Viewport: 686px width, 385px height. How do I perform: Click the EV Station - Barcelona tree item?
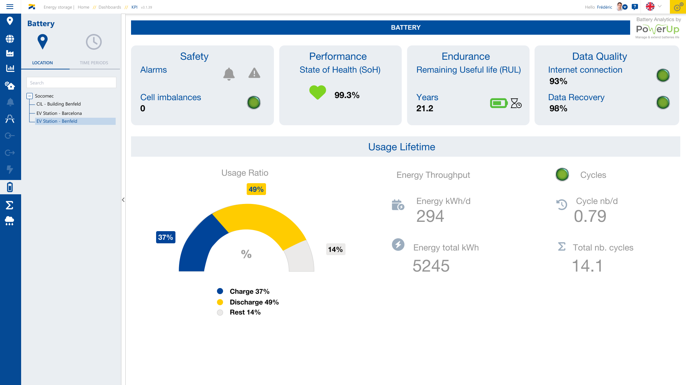[59, 113]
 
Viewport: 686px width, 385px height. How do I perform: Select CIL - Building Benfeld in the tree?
[58, 104]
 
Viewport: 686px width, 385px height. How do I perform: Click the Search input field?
[71, 83]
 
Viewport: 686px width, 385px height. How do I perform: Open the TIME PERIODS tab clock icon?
[94, 42]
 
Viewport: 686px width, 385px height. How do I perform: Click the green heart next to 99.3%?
[318, 92]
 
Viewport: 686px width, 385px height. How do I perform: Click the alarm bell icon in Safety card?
[229, 74]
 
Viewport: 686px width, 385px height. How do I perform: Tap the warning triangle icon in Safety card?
[254, 73]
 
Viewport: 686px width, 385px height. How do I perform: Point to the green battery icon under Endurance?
[498, 103]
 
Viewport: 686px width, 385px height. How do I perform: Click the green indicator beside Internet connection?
[663, 75]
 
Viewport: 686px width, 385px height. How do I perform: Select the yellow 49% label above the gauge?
[256, 189]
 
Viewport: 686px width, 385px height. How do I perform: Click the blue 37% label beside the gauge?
[165, 237]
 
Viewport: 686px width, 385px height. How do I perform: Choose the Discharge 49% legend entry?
[254, 302]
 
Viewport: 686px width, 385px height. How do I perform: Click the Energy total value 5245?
[431, 266]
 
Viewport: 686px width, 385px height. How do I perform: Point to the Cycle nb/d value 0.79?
[590, 216]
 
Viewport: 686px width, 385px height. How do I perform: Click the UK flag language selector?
[650, 7]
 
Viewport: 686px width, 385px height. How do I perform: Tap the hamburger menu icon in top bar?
[10, 7]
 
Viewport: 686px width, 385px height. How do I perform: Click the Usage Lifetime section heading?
[401, 147]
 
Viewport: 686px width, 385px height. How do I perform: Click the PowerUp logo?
[657, 29]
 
